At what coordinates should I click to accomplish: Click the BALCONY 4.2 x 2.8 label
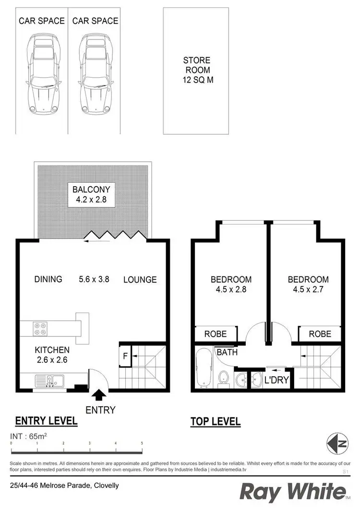click(x=92, y=194)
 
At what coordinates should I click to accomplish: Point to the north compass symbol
click(x=337, y=442)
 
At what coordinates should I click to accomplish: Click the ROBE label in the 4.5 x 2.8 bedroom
click(x=216, y=333)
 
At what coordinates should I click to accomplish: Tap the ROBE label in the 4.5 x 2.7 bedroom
click(x=320, y=333)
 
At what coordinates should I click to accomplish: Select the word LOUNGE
click(x=140, y=280)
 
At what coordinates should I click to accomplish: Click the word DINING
click(x=48, y=279)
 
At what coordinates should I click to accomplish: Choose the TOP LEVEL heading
click(x=216, y=422)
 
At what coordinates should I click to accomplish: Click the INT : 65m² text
click(x=28, y=437)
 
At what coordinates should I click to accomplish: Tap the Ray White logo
click(x=293, y=493)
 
